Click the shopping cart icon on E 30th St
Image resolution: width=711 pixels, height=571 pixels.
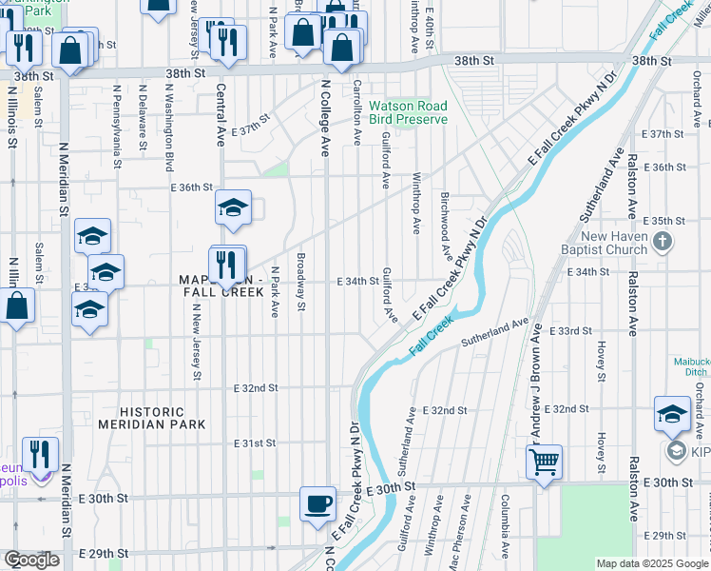pyautogui.click(x=544, y=463)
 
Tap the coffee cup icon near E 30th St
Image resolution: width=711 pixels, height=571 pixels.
pyautogui.click(x=317, y=502)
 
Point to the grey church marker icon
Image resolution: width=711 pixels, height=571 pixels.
pyautogui.click(x=663, y=244)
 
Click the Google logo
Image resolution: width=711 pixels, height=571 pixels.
pyautogui.click(x=31, y=561)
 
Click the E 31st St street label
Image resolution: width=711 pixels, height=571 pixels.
pyautogui.click(x=256, y=443)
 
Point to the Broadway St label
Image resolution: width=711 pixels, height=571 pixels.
pyautogui.click(x=300, y=282)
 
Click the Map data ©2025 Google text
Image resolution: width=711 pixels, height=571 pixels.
pyautogui.click(x=652, y=563)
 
